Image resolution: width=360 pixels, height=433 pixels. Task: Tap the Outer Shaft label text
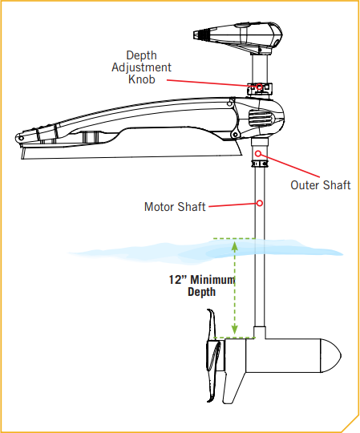pyautogui.click(x=321, y=186)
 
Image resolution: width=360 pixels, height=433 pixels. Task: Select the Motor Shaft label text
pyautogui.click(x=175, y=206)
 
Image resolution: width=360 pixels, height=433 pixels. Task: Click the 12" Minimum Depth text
pyautogui.click(x=201, y=286)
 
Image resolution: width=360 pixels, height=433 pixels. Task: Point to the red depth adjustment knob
pyautogui.click(x=259, y=86)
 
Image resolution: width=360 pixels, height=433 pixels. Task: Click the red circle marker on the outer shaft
pyautogui.click(x=259, y=153)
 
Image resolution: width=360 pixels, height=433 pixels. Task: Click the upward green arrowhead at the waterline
pyautogui.click(x=235, y=246)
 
